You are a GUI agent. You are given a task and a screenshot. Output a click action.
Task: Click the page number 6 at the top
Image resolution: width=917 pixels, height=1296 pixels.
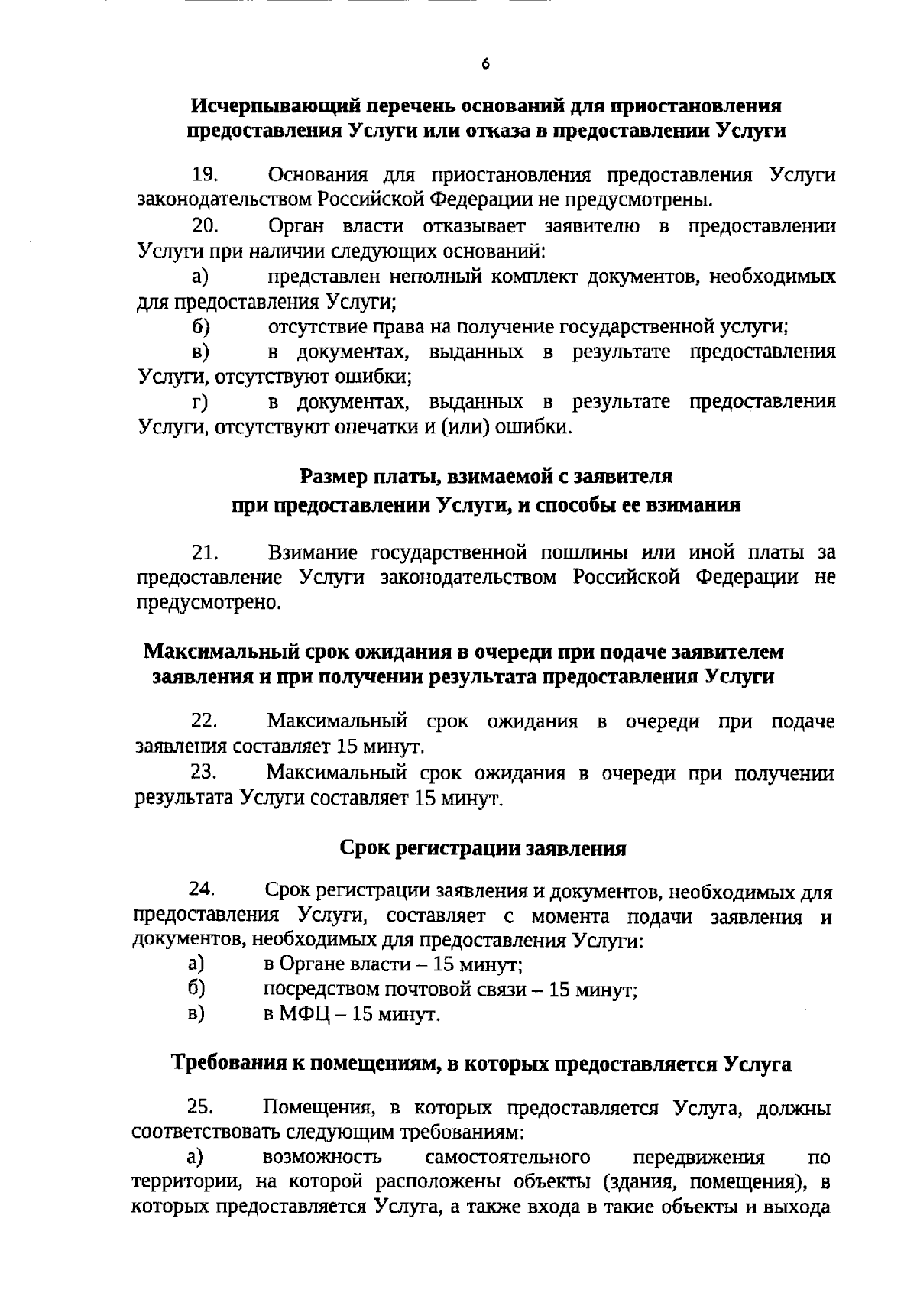[485, 64]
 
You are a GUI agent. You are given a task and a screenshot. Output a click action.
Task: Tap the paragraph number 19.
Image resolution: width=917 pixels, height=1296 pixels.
[205, 175]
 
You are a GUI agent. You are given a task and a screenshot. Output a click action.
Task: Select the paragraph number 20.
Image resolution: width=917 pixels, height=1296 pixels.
[206, 226]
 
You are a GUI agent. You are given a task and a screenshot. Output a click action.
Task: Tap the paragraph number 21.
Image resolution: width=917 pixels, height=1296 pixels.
[205, 552]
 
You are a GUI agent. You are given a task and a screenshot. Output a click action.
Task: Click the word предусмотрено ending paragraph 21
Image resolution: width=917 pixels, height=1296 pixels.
[209, 603]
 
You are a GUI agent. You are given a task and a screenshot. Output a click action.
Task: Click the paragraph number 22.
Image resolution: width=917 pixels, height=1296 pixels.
[205, 721]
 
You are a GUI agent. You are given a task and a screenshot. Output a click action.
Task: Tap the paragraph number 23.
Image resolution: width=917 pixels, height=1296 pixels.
[205, 773]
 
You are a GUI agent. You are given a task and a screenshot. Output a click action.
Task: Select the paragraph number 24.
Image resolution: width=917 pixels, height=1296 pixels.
[203, 891]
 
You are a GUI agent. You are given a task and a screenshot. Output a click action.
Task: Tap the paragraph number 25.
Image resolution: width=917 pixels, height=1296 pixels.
[202, 1107]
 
